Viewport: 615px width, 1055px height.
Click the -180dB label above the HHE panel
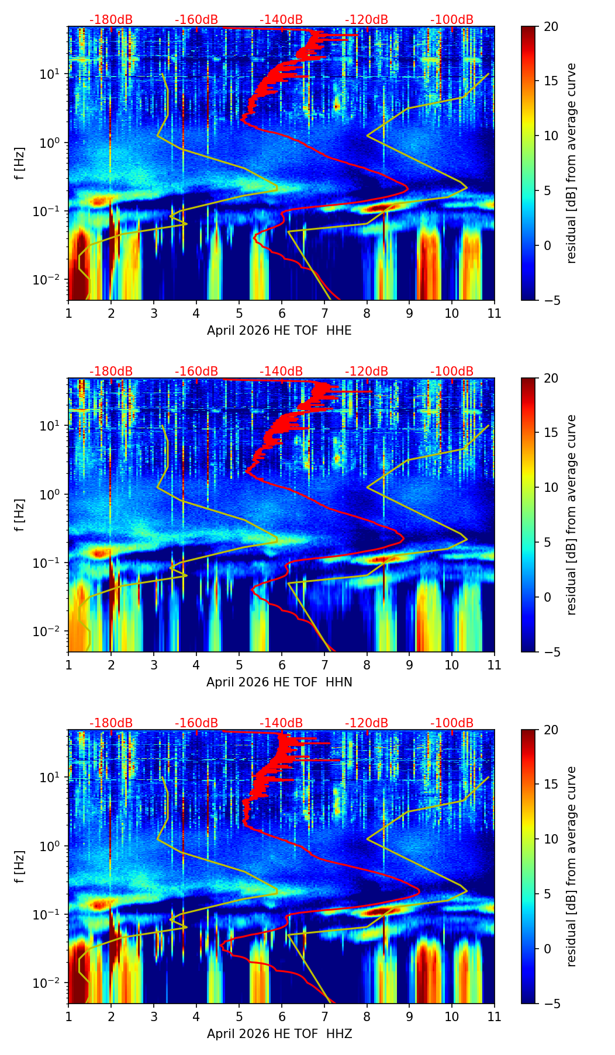pyautogui.click(x=111, y=20)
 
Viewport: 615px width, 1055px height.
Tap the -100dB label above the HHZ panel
pyautogui.click(x=452, y=723)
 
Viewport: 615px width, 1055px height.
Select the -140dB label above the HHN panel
pyautogui.click(x=281, y=372)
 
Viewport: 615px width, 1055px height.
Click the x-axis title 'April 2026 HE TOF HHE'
pyautogui.click(x=279, y=331)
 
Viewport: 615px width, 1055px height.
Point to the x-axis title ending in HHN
pyautogui.click(x=279, y=682)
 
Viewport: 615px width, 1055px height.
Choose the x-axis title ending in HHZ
pyautogui.click(x=279, y=1034)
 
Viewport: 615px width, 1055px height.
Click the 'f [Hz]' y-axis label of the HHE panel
pyautogui.click(x=20, y=164)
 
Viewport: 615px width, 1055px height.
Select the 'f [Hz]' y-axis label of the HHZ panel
pyautogui.click(x=20, y=867)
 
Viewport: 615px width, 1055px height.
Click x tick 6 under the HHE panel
pyautogui.click(x=282, y=313)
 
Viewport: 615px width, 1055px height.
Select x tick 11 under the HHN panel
pyautogui.click(x=495, y=665)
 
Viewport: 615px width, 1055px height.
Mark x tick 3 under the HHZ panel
pyautogui.click(x=154, y=1016)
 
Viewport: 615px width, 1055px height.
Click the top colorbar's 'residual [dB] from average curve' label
pyautogui.click(x=572, y=164)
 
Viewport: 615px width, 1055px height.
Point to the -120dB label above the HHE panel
pyautogui.click(x=367, y=20)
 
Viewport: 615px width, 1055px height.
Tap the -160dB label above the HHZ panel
pyautogui.click(x=196, y=723)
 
